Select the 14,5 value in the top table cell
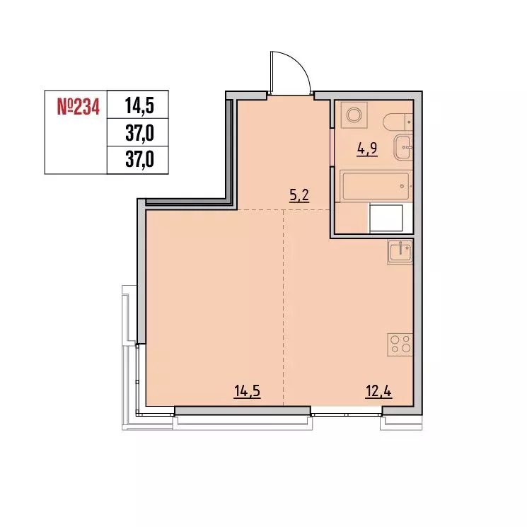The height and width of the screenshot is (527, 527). pos(139,108)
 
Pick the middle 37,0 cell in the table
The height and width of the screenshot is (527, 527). pos(139,132)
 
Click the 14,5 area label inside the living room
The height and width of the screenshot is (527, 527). pos(248,390)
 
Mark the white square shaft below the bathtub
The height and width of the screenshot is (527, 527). pos(386,218)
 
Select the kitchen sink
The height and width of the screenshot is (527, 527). pos(400,251)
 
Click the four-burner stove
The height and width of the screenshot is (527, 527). pos(401,344)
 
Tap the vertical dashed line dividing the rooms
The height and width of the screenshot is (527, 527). pos(283,311)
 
